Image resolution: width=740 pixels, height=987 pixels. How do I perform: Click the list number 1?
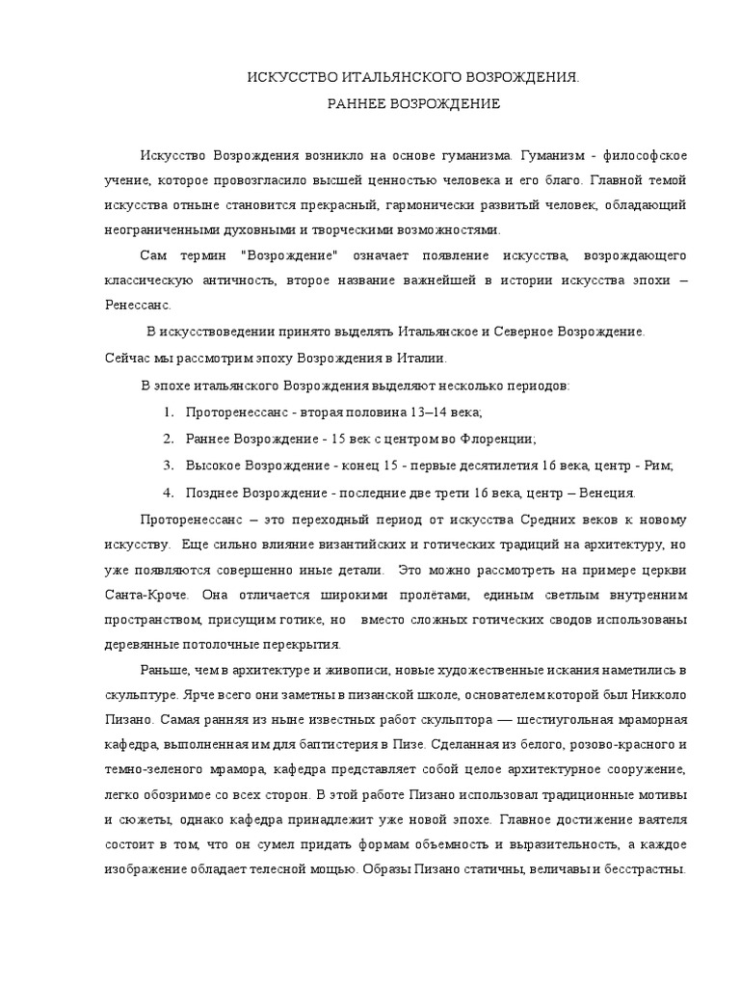point(168,413)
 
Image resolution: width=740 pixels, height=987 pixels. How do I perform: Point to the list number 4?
point(168,493)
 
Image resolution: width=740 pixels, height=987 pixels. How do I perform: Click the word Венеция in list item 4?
point(604,493)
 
